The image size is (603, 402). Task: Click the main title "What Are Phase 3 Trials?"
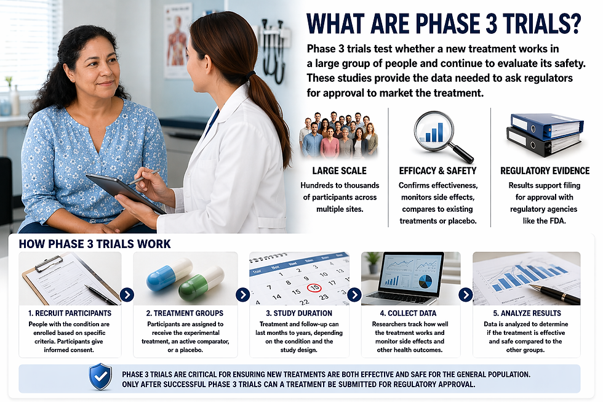[443, 23]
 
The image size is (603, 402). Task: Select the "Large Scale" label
[339, 171]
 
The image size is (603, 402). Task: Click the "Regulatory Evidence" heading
[545, 171]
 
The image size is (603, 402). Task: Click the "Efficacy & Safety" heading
[437, 171]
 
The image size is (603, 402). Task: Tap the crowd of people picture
[339, 135]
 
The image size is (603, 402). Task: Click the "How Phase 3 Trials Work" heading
[95, 244]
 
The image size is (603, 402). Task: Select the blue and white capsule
[169, 275]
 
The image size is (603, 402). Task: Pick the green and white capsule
[201, 284]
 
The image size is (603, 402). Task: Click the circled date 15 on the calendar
[314, 287]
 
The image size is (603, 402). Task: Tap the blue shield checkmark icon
[100, 376]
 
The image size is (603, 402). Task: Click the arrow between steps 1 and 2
[127, 295]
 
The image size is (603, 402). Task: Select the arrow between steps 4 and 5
[466, 295]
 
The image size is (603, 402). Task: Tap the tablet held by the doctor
[123, 192]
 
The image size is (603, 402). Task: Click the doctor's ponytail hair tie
[250, 76]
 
